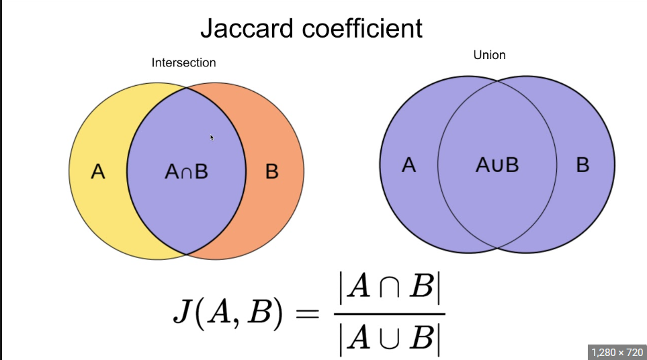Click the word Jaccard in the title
click(247, 29)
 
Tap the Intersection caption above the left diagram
click(183, 62)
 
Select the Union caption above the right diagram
click(489, 54)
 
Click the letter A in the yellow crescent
click(98, 172)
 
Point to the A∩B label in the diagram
click(186, 172)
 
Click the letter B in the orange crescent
click(271, 172)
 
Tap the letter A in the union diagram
click(408, 165)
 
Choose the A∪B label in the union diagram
click(497, 165)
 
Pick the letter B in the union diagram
click(583, 165)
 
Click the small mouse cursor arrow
click(212, 137)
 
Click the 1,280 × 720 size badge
click(615, 351)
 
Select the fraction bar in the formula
click(389, 314)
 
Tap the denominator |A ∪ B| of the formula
click(389, 339)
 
